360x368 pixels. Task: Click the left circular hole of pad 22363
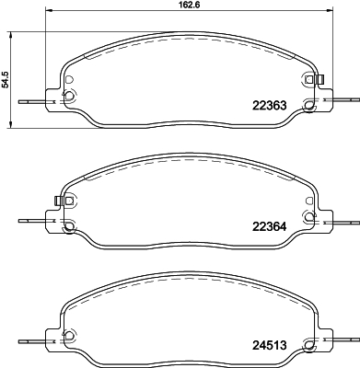[70, 96]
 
